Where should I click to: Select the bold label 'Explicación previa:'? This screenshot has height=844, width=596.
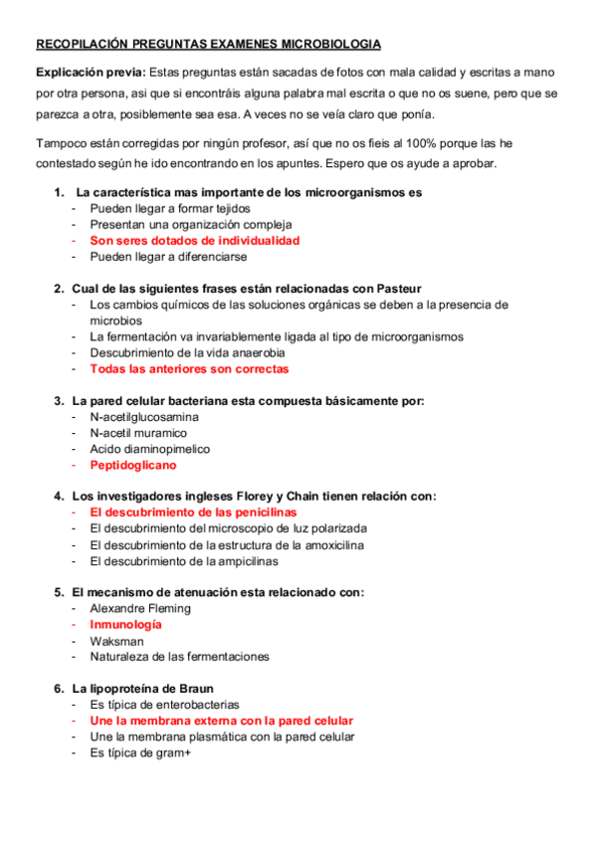coord(91,73)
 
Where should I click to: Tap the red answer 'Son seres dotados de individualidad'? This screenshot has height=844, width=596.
coord(194,240)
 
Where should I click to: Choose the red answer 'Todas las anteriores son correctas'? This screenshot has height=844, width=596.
coord(189,368)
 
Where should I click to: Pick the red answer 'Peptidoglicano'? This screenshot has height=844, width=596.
coord(133,465)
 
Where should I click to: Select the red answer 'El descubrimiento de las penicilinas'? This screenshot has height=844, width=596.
coord(193,512)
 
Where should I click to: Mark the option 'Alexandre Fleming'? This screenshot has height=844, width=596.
coord(140,608)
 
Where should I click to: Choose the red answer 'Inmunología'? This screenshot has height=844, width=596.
coord(125,624)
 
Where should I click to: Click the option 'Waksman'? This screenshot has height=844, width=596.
coord(116,640)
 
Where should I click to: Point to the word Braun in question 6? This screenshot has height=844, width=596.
coord(195,689)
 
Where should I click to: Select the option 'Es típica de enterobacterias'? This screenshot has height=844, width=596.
coord(164,705)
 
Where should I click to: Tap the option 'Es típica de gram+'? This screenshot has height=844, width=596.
coord(140,752)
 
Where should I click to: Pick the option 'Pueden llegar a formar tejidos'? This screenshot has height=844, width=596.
coord(169,208)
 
